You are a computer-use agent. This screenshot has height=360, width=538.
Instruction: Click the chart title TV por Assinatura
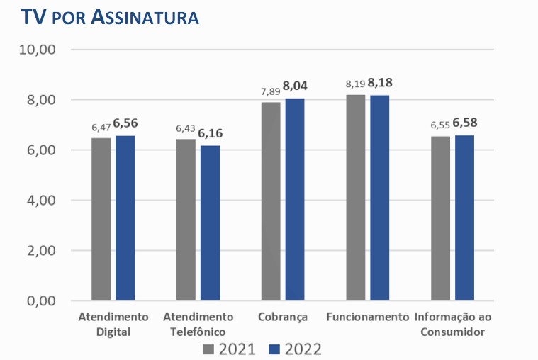pos(110,18)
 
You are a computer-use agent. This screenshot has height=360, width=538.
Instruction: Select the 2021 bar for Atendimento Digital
pos(101,219)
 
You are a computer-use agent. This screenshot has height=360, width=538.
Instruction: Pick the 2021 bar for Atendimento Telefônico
pos(186,220)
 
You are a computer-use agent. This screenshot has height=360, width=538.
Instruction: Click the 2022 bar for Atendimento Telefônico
pos(210,223)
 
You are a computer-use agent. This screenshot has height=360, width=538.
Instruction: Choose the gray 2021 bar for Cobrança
pos(271,201)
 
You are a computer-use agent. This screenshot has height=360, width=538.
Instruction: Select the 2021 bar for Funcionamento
pos(356,198)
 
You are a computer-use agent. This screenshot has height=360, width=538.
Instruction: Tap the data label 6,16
pos(211,133)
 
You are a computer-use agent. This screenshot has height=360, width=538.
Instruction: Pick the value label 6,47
pos(101,128)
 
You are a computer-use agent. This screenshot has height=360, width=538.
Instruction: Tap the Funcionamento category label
pos(368,316)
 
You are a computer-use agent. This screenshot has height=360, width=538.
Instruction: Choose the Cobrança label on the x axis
pos(284,316)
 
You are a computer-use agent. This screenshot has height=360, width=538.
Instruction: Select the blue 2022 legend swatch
pos(276,349)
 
